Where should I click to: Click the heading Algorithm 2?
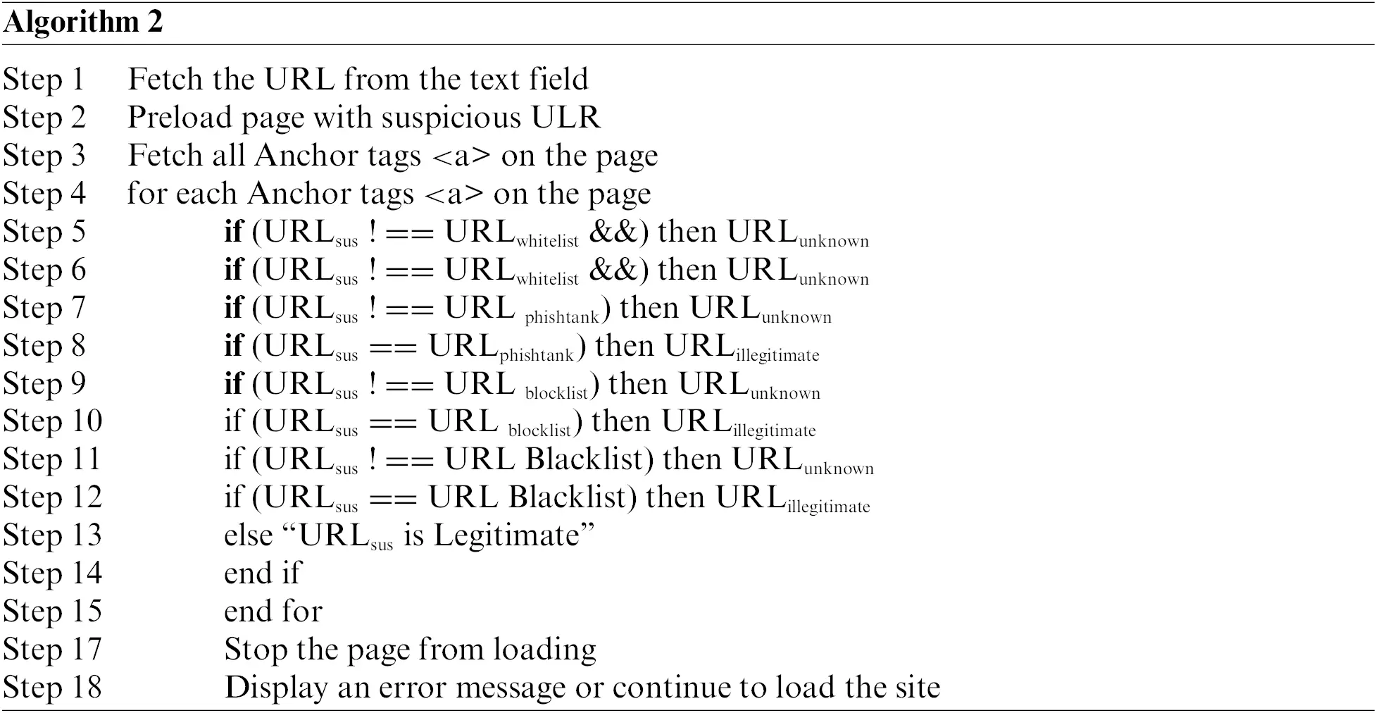point(82,22)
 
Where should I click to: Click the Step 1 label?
point(44,79)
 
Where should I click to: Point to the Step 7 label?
point(44,307)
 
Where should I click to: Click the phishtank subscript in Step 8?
point(537,355)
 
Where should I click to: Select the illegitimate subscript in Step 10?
point(774,430)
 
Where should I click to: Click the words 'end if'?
point(262,573)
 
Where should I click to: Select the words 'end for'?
point(273,612)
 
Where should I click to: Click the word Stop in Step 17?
point(255,649)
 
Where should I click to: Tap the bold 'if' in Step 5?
point(233,231)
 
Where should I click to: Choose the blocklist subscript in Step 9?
point(556,392)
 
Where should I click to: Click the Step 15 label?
point(52,612)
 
